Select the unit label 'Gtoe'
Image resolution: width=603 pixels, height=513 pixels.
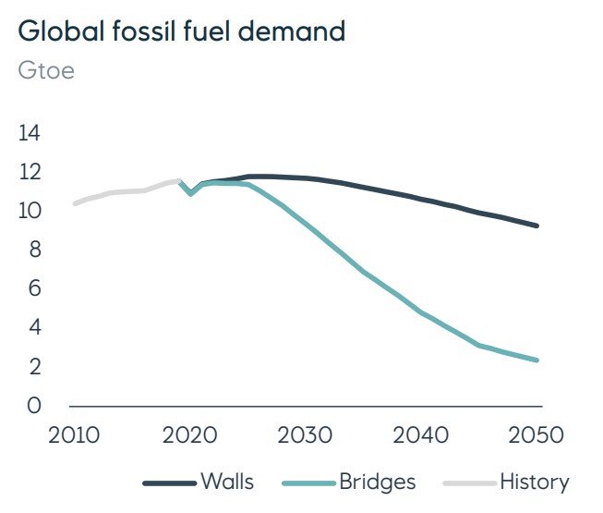tap(46, 71)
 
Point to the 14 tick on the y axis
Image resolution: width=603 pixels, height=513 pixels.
tap(30, 133)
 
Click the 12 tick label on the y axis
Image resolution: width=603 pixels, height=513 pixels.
tap(30, 172)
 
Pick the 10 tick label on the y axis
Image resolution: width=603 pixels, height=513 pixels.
tap(30, 211)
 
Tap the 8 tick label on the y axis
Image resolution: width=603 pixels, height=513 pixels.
tap(34, 250)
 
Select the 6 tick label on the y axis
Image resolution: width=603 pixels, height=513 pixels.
tap(34, 289)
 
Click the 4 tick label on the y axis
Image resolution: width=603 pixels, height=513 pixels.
tap(34, 328)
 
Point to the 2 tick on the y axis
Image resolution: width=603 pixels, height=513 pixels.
tap(34, 367)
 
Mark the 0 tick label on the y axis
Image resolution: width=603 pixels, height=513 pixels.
tap(34, 406)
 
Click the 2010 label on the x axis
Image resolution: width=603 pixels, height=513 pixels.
tap(73, 434)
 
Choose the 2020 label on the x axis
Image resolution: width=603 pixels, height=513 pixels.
tap(189, 434)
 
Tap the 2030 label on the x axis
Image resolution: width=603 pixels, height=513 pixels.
tap(306, 434)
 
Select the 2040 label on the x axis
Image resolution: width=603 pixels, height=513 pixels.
tap(422, 434)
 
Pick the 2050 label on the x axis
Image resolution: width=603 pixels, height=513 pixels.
tap(537, 434)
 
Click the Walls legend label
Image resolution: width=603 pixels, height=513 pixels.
tap(226, 482)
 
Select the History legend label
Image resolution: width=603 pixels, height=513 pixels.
tap(534, 482)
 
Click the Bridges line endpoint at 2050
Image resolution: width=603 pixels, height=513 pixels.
tap(537, 360)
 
